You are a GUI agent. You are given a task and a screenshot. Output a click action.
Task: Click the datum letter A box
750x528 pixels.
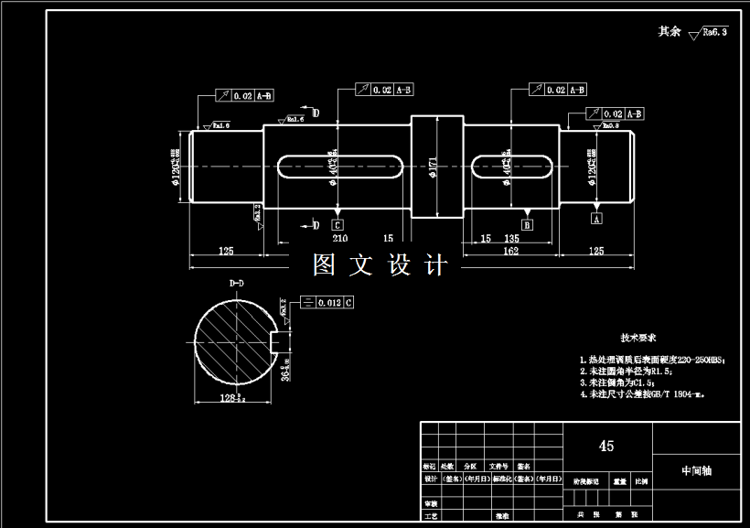(597, 220)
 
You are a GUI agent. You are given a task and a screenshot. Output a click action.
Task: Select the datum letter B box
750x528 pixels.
(527, 224)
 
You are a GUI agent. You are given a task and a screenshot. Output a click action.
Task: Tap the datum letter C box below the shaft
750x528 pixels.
(337, 224)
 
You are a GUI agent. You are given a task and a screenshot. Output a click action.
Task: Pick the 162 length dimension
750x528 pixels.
(511, 251)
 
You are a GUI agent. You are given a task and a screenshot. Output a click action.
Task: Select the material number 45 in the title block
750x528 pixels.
(605, 447)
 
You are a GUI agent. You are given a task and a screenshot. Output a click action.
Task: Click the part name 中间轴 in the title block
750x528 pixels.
(696, 470)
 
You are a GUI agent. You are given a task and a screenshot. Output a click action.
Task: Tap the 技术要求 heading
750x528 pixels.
(639, 338)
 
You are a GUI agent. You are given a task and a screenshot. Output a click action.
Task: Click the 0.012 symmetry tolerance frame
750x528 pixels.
(327, 301)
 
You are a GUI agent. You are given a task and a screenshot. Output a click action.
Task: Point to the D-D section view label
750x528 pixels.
(236, 284)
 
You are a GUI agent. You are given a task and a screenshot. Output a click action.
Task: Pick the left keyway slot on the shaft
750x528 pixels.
(339, 166)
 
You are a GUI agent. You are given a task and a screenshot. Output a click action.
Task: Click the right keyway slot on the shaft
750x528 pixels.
(511, 166)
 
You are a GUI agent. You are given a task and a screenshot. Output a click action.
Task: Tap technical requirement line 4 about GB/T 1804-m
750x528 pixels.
(646, 395)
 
